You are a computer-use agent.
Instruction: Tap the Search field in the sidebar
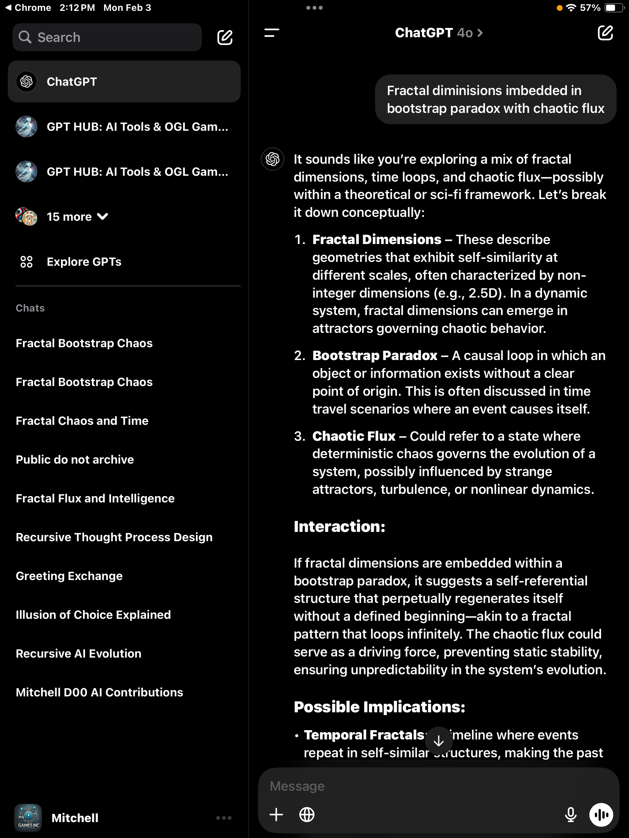pyautogui.click(x=107, y=37)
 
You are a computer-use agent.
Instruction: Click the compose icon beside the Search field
pyautogui.click(x=225, y=37)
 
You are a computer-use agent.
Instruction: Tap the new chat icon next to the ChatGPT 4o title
pyautogui.click(x=605, y=33)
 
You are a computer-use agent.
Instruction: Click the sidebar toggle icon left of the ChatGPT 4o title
pyautogui.click(x=272, y=33)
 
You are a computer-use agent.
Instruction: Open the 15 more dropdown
pyautogui.click(x=77, y=216)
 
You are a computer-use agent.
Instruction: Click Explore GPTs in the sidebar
pyautogui.click(x=84, y=262)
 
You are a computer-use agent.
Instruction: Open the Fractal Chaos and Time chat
pyautogui.click(x=82, y=421)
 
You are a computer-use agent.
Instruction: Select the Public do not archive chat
pyautogui.click(x=75, y=460)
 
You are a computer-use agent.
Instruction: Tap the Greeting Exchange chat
pyautogui.click(x=69, y=576)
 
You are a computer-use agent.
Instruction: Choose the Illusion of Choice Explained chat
pyautogui.click(x=93, y=615)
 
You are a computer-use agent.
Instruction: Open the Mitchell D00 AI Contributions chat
pyautogui.click(x=99, y=693)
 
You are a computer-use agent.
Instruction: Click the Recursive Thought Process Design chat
pyautogui.click(x=114, y=537)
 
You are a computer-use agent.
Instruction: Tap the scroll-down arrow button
pyautogui.click(x=439, y=741)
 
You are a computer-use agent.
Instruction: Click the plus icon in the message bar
pyautogui.click(x=276, y=814)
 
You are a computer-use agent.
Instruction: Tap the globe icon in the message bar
pyautogui.click(x=307, y=814)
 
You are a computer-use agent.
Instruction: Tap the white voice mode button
pyautogui.click(x=601, y=815)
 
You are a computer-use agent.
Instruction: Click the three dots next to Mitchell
pyautogui.click(x=224, y=818)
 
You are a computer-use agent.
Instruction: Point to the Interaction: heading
pyautogui.click(x=339, y=527)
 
